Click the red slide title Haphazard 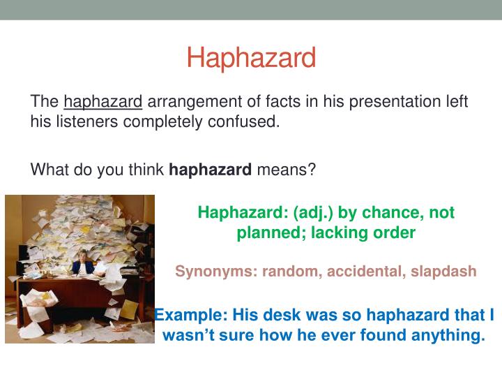(x=251, y=58)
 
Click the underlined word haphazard (x=102, y=102)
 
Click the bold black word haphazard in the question (x=210, y=170)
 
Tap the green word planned (x=268, y=233)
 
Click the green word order (x=395, y=233)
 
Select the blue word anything (x=447, y=335)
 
